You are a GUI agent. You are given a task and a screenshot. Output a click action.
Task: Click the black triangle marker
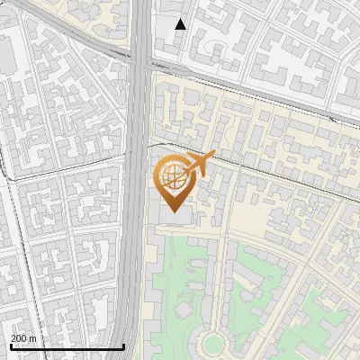181,24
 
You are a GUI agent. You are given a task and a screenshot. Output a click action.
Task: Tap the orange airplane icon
200,164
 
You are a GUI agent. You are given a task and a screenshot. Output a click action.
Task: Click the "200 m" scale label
23,338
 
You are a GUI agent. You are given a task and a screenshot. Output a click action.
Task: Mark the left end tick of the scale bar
11,346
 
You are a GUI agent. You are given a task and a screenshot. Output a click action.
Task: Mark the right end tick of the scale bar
123,346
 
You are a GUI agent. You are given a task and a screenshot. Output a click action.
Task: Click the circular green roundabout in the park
212,343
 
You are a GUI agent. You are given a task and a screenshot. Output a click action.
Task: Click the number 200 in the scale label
19,338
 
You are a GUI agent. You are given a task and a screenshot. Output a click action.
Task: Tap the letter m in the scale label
32,338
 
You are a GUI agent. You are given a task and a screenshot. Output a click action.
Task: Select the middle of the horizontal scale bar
67,346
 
